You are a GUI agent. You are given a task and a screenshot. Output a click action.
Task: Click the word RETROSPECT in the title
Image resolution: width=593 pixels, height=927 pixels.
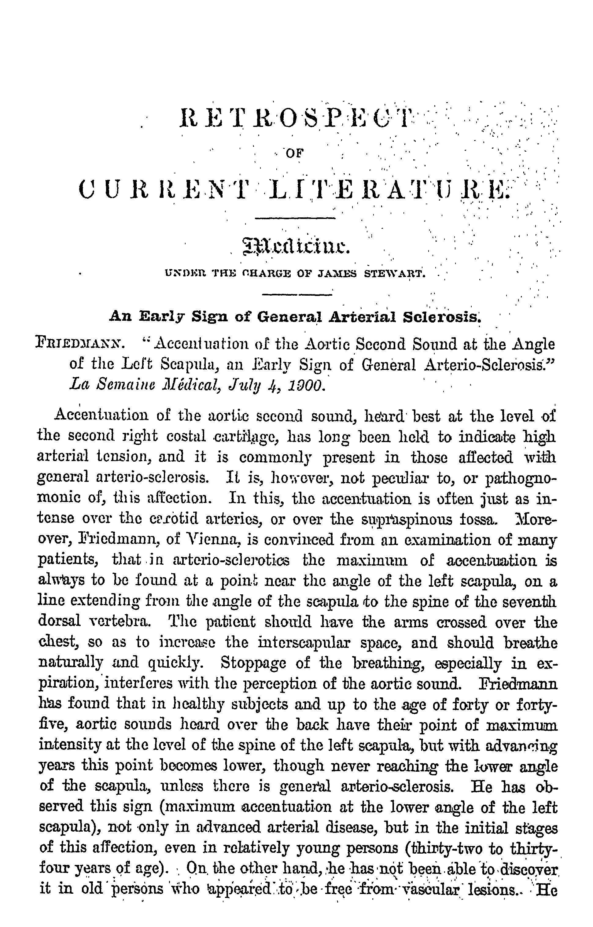point(296,119)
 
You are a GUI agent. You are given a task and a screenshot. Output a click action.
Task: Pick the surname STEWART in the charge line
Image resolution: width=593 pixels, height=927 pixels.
point(394,274)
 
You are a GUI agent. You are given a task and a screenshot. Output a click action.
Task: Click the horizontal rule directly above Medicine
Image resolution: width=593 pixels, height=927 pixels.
point(296,219)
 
